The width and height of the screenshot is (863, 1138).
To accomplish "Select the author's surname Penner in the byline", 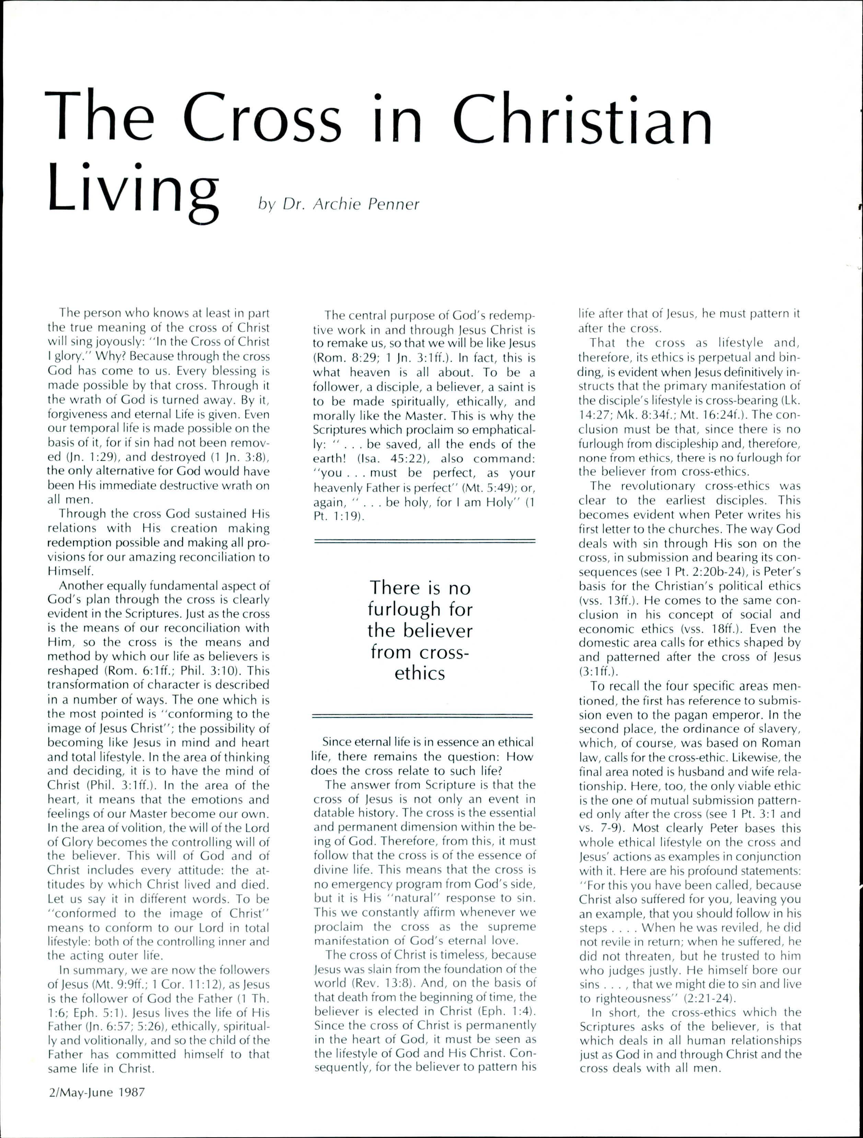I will pyautogui.click(x=395, y=204).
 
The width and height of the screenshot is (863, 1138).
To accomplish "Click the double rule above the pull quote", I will pyautogui.click(x=424, y=541).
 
